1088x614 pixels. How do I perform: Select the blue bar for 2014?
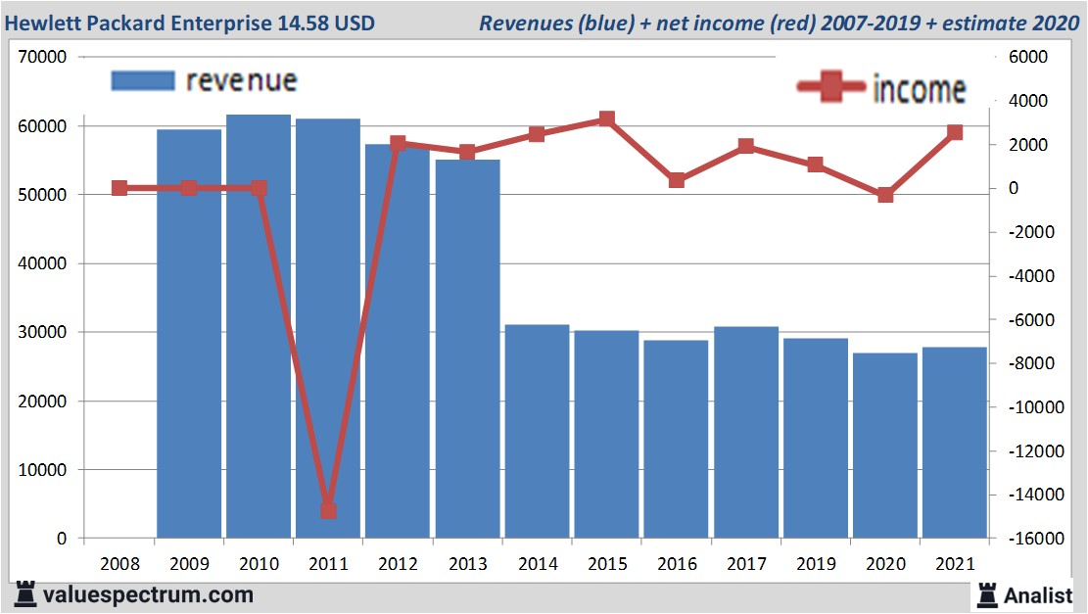pyautogui.click(x=538, y=431)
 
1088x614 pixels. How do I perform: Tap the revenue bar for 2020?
pyautogui.click(x=885, y=446)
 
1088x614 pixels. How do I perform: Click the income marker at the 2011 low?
pyautogui.click(x=328, y=510)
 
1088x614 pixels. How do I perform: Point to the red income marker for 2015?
pyautogui.click(x=607, y=119)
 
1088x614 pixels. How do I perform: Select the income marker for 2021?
pyautogui.click(x=955, y=132)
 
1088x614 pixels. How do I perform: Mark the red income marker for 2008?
pyautogui.click(x=119, y=188)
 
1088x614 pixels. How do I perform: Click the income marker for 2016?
pyautogui.click(x=677, y=180)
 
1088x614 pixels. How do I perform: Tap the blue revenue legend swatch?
pyautogui.click(x=143, y=80)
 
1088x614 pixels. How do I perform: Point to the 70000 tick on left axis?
pyautogui.click(x=42, y=58)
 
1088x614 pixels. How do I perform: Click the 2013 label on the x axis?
pyautogui.click(x=467, y=565)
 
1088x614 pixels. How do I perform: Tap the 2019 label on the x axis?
pyautogui.click(x=816, y=565)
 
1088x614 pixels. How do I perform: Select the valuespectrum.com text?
pyautogui.click(x=148, y=594)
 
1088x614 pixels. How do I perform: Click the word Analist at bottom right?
pyautogui.click(x=1038, y=594)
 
